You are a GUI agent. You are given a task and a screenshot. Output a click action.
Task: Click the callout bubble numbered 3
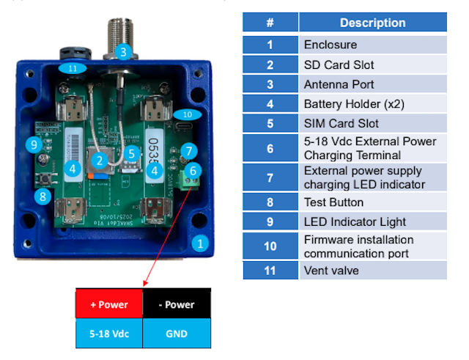click(x=123, y=51)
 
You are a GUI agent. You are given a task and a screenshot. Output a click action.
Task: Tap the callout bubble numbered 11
click(x=72, y=68)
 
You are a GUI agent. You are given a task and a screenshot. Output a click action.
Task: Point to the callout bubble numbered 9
click(x=32, y=144)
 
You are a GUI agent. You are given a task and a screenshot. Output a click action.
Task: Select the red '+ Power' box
click(x=109, y=304)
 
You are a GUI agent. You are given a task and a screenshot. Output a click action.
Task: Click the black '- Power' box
click(x=177, y=304)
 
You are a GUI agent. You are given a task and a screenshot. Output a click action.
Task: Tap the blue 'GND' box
click(x=177, y=334)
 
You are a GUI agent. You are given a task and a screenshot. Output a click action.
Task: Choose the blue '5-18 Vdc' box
click(x=109, y=334)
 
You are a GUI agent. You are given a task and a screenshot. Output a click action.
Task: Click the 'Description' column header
click(x=372, y=23)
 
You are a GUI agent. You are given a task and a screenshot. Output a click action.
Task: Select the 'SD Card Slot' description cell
click(x=372, y=65)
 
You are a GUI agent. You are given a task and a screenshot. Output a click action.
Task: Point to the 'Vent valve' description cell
click(x=372, y=270)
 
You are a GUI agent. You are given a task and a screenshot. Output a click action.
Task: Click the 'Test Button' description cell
click(x=372, y=202)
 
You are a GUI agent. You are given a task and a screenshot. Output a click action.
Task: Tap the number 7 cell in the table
click(x=270, y=177)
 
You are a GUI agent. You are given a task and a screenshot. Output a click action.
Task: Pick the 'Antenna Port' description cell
click(x=372, y=84)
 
